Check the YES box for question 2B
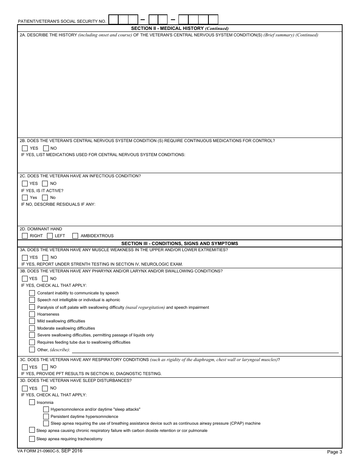25,148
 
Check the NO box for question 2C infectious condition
45,183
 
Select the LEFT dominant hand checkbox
50,236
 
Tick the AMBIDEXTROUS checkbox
75,236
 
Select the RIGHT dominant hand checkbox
25,236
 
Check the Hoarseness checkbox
32,314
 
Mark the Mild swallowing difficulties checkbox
32,321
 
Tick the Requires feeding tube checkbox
32,342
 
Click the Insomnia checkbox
32,402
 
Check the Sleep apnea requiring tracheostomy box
32,439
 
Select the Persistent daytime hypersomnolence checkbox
46,416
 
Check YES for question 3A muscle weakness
25,257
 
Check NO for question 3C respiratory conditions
45,367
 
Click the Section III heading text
180,244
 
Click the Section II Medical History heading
180,28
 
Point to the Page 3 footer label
335,452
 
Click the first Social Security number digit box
114,19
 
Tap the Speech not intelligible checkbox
32,300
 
